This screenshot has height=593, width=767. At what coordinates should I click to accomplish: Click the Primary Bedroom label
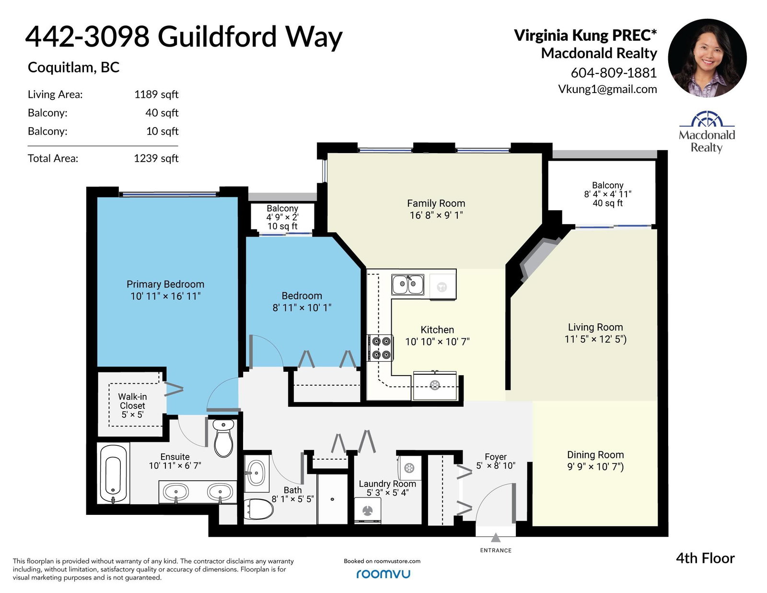click(165, 285)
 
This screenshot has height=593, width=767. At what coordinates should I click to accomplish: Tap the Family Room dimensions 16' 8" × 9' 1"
click(436, 215)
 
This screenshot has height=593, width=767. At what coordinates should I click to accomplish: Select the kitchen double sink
click(407, 285)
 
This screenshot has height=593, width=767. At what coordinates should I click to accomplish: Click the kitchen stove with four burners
click(381, 347)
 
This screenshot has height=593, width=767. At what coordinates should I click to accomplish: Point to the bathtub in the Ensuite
click(113, 474)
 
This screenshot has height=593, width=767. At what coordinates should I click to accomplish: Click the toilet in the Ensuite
click(223, 438)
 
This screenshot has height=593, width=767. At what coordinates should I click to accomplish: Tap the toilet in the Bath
click(258, 509)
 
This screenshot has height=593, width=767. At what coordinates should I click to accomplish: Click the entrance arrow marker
click(496, 538)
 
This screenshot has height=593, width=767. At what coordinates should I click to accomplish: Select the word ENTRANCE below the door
click(496, 550)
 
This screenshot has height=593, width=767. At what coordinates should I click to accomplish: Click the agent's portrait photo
click(707, 58)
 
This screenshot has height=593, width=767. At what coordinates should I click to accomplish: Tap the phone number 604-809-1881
click(614, 73)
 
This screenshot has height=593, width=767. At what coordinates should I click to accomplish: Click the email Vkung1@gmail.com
click(607, 89)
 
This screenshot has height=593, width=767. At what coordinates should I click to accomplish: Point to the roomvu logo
click(383, 574)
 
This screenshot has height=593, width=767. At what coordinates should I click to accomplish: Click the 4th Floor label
click(705, 558)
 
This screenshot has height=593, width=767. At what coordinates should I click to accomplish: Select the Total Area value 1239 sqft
click(156, 158)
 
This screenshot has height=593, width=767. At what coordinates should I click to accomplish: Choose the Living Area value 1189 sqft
click(156, 95)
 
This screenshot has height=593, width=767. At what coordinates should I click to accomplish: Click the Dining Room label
click(595, 455)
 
